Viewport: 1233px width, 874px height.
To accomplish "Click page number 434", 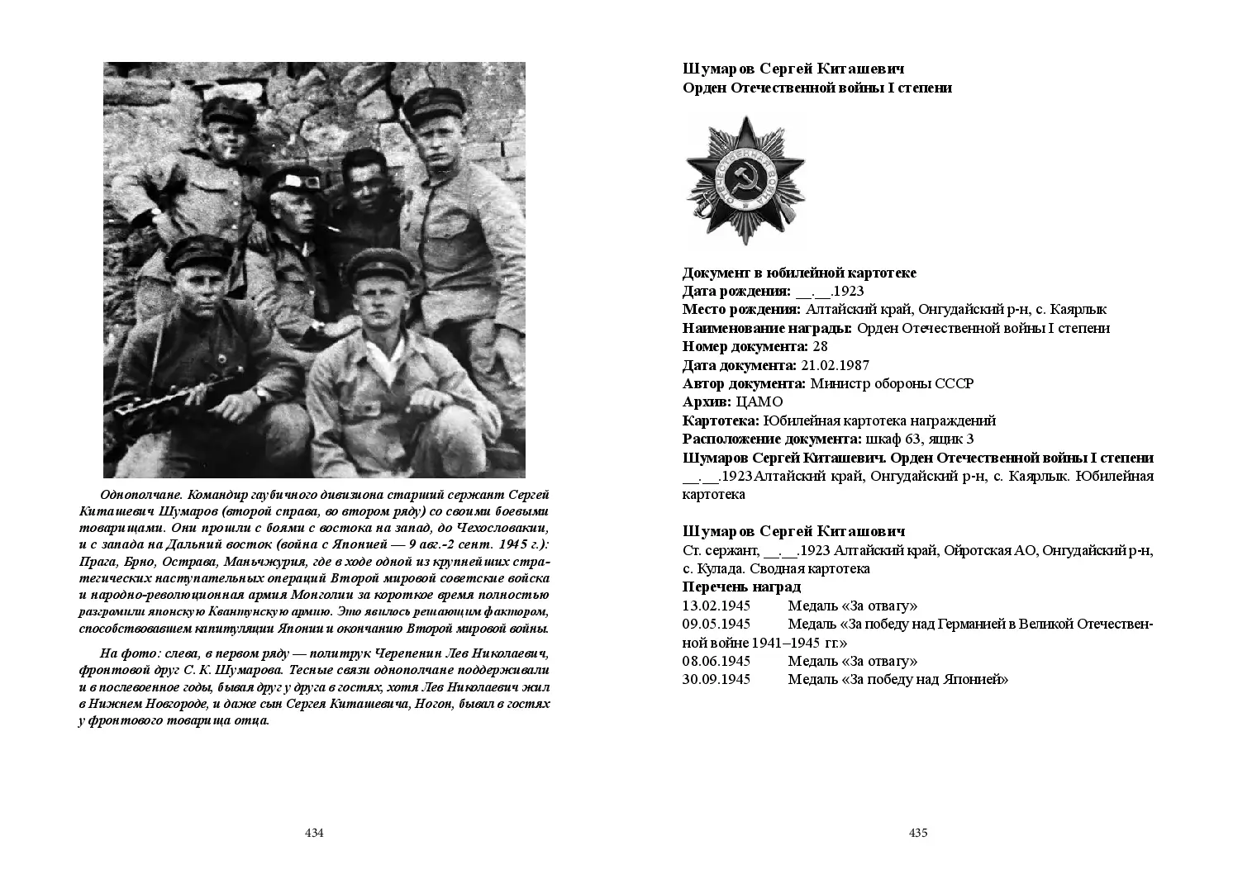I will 314,833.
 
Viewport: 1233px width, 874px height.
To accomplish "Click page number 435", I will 918,833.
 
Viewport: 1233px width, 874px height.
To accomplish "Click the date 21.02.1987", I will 834,365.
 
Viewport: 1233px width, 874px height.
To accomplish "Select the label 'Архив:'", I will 707,402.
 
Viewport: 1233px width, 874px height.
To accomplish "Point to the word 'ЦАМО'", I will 759,402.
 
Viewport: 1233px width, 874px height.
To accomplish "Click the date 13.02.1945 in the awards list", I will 716,606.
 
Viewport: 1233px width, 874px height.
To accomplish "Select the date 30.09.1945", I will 716,680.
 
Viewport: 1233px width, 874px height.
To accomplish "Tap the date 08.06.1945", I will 716,661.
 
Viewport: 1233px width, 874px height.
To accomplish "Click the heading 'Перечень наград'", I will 741,587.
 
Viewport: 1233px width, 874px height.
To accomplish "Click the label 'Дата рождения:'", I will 736,291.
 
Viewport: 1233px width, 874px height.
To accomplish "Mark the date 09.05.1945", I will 716,624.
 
